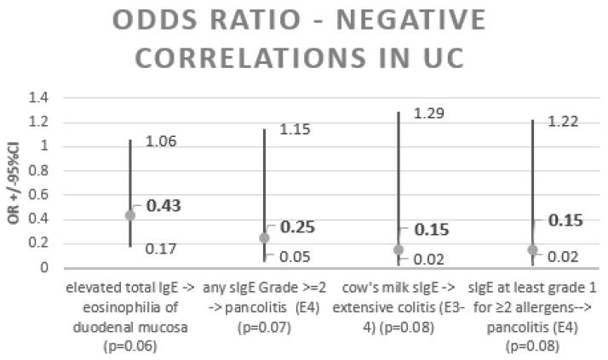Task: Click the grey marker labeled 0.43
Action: pyautogui.click(x=130, y=215)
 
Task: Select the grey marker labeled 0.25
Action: pyautogui.click(x=264, y=237)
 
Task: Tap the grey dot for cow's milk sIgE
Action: pyautogui.click(x=399, y=249)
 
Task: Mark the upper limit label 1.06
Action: pyautogui.click(x=160, y=141)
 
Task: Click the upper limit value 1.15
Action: pyautogui.click(x=294, y=129)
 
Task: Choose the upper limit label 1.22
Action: pyautogui.click(x=562, y=121)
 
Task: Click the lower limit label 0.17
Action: pyautogui.click(x=160, y=249)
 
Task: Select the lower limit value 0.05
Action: pyautogui.click(x=294, y=257)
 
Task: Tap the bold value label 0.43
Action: pyautogui.click(x=163, y=206)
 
